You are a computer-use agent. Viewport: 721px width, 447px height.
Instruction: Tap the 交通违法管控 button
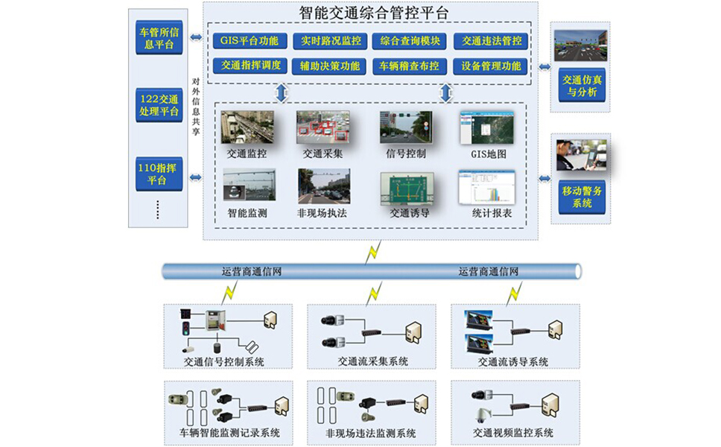(491, 41)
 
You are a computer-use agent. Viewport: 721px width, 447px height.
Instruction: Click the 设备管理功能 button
(491, 66)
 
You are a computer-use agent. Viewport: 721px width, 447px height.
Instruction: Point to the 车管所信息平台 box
(159, 39)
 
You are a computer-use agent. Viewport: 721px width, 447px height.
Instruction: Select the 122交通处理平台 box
(159, 105)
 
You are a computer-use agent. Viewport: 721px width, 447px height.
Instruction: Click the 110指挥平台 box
(159, 174)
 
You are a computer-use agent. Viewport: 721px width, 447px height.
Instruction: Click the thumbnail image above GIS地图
(482, 127)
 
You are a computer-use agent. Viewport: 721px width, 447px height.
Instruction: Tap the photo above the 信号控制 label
(405, 127)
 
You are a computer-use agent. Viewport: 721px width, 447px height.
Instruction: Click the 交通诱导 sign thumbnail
(407, 188)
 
